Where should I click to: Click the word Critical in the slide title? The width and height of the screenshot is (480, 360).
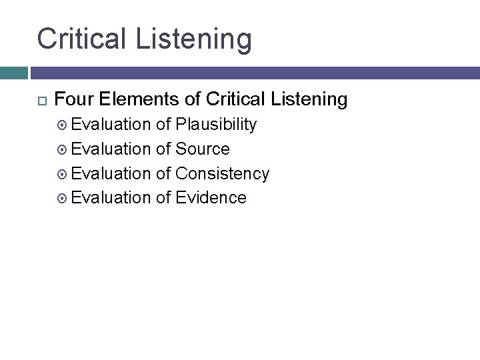tap(82, 38)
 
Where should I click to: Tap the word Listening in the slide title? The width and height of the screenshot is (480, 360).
tap(193, 39)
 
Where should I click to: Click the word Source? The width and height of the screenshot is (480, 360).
tap(202, 149)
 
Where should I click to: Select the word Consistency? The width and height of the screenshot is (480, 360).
tap(222, 173)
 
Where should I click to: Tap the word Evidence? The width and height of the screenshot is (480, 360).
tap(211, 197)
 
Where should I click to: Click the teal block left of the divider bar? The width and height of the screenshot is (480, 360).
tap(13, 73)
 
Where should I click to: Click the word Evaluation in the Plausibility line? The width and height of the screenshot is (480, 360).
tap(111, 125)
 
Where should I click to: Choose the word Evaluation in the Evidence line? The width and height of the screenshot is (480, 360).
tap(111, 197)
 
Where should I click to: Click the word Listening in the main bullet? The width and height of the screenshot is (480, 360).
tap(309, 100)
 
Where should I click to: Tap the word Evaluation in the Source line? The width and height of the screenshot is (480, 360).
tap(111, 149)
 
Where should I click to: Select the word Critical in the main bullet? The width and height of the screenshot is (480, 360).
tap(235, 100)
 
